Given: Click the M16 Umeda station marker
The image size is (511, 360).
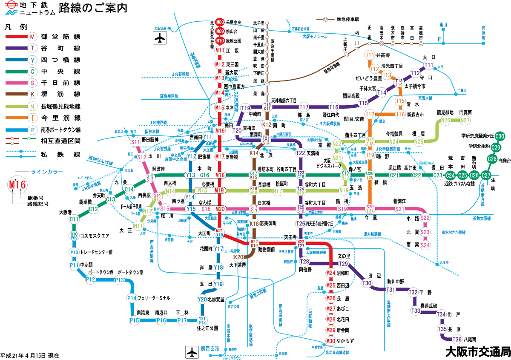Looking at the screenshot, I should coord(220,131).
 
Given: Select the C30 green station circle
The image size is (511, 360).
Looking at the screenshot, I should coord(500,136).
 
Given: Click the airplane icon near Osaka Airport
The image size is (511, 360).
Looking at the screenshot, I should coord(160,38).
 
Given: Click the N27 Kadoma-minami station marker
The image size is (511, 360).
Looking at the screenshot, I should coord(465,121).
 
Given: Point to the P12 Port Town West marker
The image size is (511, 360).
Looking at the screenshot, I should coord(91,279).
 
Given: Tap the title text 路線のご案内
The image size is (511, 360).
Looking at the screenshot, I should coord(93,8).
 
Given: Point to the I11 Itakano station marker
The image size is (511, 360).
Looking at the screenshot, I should coord(370,55).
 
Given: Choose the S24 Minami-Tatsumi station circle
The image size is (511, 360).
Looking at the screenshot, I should coord(425,245).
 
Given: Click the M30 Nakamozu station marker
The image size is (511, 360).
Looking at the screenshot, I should coord(331,341).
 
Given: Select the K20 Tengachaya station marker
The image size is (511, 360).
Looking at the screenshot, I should coord(238,257).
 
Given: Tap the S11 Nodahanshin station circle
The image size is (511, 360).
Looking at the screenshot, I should coord(136,142).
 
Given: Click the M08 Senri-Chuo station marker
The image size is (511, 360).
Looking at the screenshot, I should coord(220,22).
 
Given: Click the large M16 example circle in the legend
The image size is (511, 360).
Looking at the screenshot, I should coord(18,185).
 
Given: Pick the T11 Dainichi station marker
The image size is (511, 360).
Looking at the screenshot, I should coord(429,65).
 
